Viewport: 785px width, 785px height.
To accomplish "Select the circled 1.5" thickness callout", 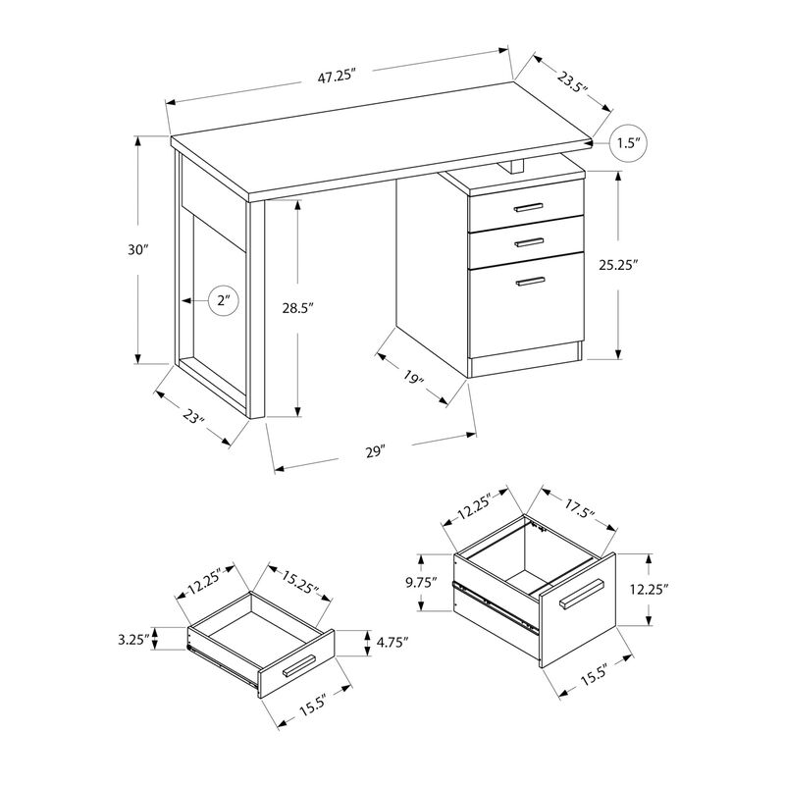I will (x=628, y=144).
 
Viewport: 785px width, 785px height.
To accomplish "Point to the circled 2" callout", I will (x=223, y=301).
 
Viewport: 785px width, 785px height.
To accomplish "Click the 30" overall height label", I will (x=138, y=249).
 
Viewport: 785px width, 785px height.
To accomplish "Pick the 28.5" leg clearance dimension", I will (x=297, y=307).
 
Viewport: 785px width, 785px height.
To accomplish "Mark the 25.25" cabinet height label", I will (x=620, y=264).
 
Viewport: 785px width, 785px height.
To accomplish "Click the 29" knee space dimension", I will (x=374, y=450).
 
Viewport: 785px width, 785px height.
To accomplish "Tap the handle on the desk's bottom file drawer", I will (x=530, y=282).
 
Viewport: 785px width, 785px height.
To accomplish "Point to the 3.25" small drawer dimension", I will (x=132, y=640).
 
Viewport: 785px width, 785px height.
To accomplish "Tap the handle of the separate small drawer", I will (x=298, y=666).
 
